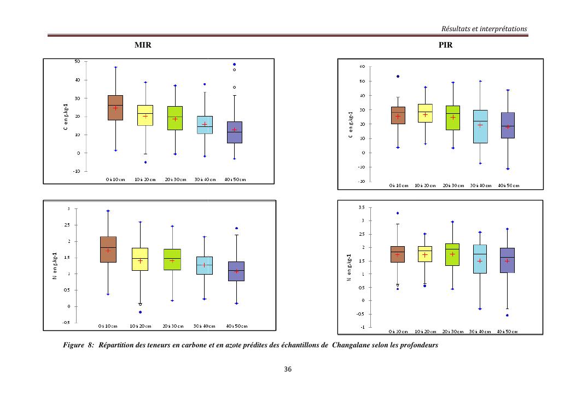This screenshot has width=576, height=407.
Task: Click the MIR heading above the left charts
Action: [x=143, y=46]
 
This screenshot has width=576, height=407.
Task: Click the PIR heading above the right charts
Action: [x=445, y=46]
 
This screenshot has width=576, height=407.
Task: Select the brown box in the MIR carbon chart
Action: [x=115, y=108]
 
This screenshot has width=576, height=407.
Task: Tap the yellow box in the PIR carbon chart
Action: [x=424, y=113]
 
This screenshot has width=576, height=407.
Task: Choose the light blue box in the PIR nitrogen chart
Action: [x=479, y=259]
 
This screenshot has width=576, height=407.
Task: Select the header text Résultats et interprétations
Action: [x=484, y=28]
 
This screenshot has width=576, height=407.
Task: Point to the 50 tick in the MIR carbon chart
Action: [x=77, y=62]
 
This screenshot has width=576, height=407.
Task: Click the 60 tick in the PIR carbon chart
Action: [x=363, y=67]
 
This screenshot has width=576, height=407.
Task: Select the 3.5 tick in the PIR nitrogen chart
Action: [x=362, y=207]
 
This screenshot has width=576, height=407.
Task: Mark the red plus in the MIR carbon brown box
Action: [x=115, y=108]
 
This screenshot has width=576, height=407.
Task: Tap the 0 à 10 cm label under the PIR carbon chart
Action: [x=398, y=185]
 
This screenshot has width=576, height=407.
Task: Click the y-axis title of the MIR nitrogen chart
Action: [x=55, y=266]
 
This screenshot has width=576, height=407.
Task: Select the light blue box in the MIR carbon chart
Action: [x=205, y=125]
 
